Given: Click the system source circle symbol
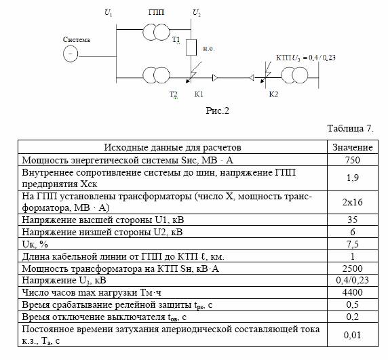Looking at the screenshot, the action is [71, 54].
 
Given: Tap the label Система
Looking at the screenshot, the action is [77, 39].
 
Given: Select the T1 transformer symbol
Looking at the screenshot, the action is [157, 32].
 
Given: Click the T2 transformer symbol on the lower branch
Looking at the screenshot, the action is [157, 75].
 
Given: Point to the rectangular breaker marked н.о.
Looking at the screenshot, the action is [191, 47].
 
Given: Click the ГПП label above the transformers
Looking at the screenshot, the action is [157, 12].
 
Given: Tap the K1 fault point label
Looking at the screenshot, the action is [199, 94].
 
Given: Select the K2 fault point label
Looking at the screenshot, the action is [273, 94].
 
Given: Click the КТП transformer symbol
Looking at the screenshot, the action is [294, 75].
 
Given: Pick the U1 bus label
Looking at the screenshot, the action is [109, 12].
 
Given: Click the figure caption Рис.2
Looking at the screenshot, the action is [218, 111].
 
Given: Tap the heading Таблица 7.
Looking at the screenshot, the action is [351, 128].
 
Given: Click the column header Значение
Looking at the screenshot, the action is [353, 147].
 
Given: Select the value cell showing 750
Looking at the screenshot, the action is [353, 160].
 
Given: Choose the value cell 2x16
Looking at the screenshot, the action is [353, 202].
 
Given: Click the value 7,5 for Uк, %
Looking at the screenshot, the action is [353, 244].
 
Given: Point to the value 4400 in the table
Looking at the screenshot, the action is [353, 292].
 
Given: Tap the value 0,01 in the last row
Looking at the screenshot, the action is [353, 335].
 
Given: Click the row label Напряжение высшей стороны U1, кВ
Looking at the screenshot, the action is [103, 220].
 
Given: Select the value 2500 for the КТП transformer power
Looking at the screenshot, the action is [353, 268].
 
